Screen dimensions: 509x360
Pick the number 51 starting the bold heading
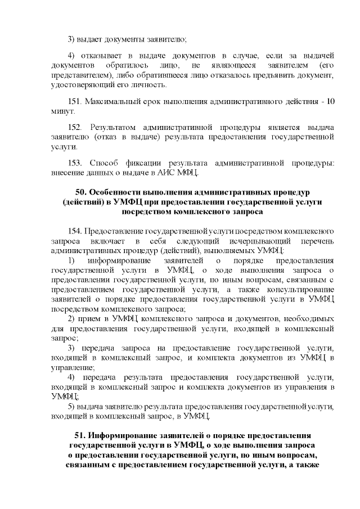click(81, 436)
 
